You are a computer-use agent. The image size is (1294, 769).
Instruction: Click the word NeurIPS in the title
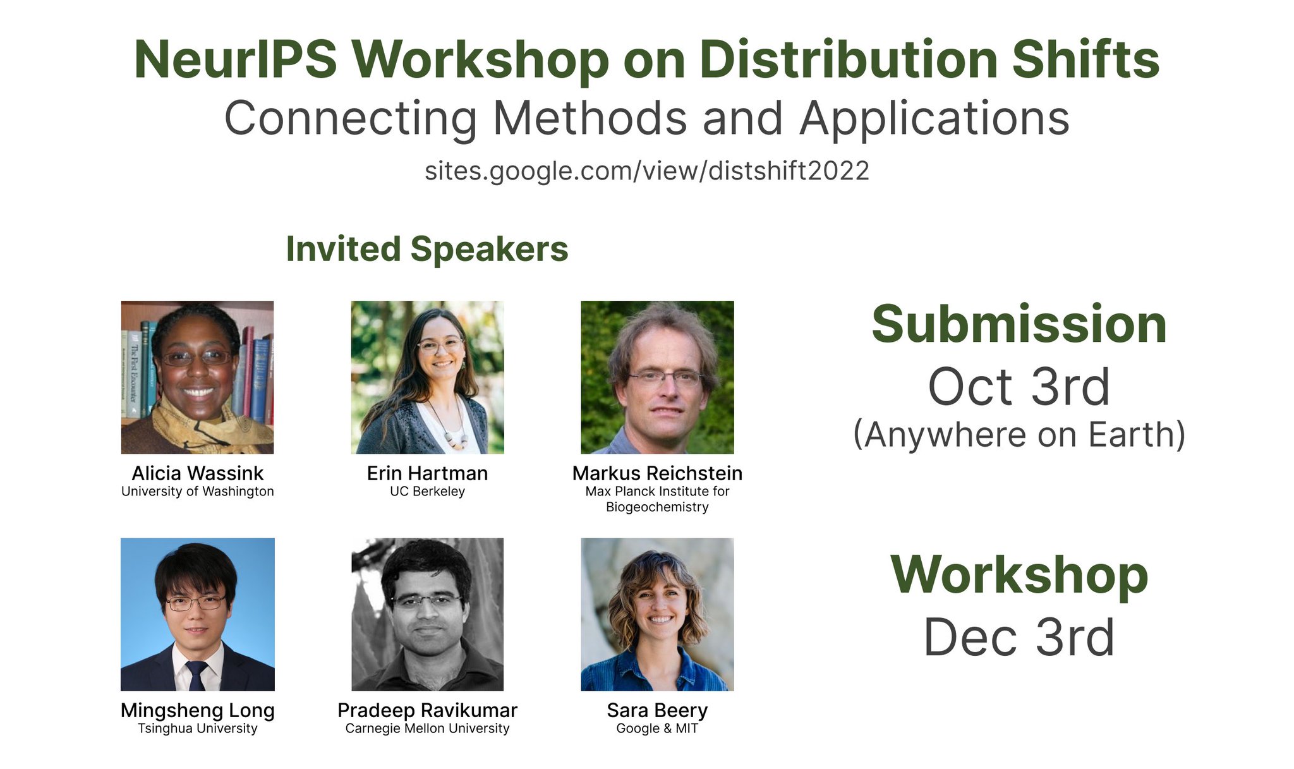pyautogui.click(x=235, y=60)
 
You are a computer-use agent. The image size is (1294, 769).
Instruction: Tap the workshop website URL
pyautogui.click(x=646, y=171)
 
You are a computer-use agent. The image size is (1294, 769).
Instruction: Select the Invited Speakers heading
pyautogui.click(x=427, y=248)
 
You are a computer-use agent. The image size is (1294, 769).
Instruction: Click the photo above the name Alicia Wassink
pyautogui.click(x=197, y=377)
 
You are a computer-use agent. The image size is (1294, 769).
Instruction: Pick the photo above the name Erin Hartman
pyautogui.click(x=427, y=377)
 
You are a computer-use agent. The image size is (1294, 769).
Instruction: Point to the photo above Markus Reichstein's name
pyautogui.click(x=657, y=377)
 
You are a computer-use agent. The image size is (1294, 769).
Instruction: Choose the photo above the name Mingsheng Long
pyautogui.click(x=197, y=614)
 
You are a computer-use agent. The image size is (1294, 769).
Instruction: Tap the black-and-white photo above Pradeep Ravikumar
pyautogui.click(x=427, y=614)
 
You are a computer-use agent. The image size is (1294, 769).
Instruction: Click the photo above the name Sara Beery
pyautogui.click(x=657, y=614)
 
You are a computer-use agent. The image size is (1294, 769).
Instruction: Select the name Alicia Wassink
pyautogui.click(x=197, y=473)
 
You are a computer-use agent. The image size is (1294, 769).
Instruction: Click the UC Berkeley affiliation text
pyautogui.click(x=427, y=492)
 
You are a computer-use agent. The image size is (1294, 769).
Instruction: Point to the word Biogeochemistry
pyautogui.click(x=657, y=507)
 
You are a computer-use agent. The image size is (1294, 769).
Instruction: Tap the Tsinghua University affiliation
pyautogui.click(x=197, y=729)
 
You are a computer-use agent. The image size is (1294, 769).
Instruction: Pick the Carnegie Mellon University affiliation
pyautogui.click(x=427, y=729)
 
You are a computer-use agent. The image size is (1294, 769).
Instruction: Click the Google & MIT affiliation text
pyautogui.click(x=657, y=729)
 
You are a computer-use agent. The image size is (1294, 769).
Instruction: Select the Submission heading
pyautogui.click(x=1019, y=324)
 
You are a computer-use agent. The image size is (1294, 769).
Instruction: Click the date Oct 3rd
pyautogui.click(x=1019, y=387)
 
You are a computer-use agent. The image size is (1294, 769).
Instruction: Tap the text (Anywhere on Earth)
pyautogui.click(x=1019, y=435)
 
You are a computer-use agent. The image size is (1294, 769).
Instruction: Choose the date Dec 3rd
pyautogui.click(x=1019, y=637)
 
